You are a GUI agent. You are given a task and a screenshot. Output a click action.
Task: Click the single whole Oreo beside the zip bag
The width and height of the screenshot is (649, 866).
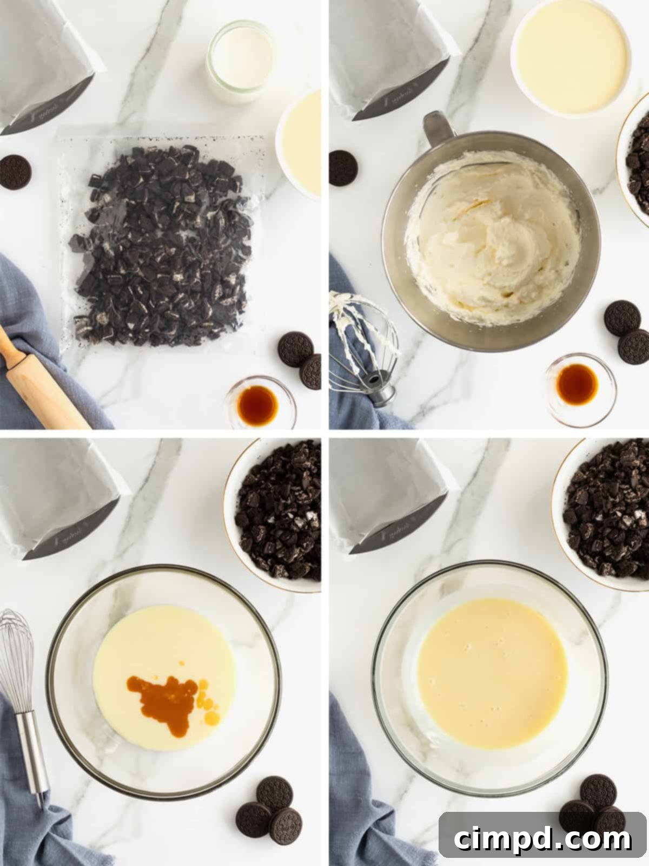pos(15,172)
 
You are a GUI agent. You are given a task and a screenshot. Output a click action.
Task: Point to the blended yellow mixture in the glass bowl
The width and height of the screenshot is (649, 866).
pos(492,682)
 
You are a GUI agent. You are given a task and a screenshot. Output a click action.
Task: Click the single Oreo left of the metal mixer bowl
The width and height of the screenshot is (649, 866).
pos(343,167)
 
